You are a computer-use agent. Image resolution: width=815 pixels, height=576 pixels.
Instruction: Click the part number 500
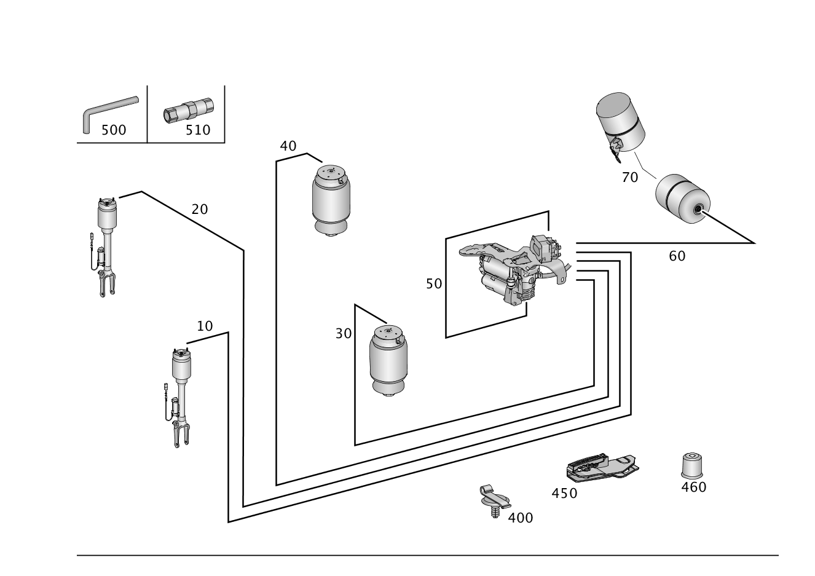114,130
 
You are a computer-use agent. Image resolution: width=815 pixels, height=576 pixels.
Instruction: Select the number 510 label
198,130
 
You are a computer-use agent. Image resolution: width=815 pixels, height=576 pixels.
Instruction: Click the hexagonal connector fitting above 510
189,110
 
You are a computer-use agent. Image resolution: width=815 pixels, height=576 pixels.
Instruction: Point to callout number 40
288,146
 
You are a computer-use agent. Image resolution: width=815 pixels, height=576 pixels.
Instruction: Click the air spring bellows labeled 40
331,201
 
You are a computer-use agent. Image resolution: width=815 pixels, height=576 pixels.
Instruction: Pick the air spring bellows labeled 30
388,361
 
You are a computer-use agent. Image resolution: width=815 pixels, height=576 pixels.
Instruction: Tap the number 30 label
344,333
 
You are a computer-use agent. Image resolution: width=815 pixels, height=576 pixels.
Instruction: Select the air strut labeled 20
104,248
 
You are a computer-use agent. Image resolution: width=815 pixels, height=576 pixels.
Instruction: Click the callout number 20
200,209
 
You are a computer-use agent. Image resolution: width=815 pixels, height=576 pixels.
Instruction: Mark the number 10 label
205,326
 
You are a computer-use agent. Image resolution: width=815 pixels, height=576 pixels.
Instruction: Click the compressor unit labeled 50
515,269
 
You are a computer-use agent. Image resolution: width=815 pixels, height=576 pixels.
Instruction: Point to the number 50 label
434,284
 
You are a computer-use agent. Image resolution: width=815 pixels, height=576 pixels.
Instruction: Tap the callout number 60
677,256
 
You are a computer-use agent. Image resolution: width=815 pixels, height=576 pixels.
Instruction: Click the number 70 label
630,178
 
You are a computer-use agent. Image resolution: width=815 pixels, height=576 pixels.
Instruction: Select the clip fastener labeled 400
495,501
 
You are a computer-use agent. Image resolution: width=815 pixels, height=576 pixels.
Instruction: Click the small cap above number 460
692,466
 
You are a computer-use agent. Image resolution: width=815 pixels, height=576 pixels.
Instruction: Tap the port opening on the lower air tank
698,209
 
